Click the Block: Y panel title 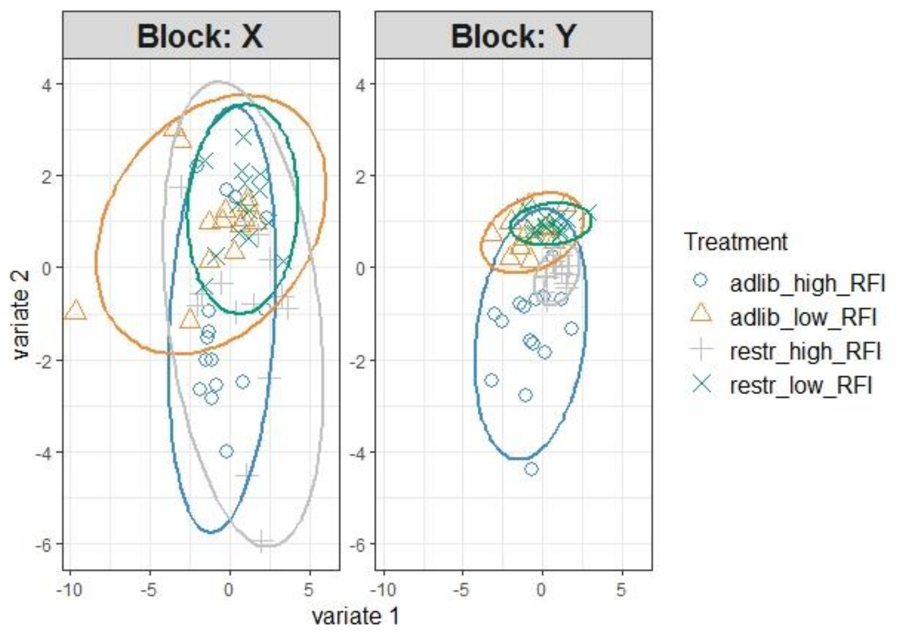click(x=513, y=36)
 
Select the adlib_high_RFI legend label click(x=807, y=283)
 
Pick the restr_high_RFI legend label click(x=805, y=352)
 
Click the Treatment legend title click(x=735, y=242)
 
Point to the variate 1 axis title click(x=355, y=617)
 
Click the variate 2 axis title click(x=20, y=314)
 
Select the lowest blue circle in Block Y click(x=531, y=469)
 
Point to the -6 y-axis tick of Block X click(x=44, y=545)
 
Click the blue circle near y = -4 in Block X click(x=226, y=451)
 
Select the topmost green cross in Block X click(x=243, y=137)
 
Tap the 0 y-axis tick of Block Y click(x=360, y=268)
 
